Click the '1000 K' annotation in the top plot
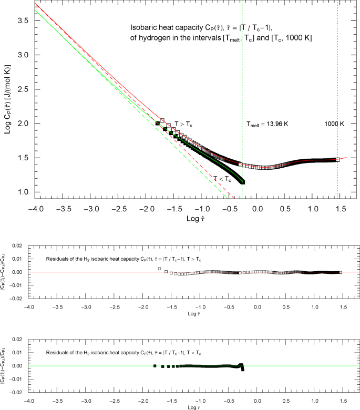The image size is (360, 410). [333, 124]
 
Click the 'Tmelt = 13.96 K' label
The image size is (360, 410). [268, 125]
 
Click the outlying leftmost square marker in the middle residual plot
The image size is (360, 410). [159, 269]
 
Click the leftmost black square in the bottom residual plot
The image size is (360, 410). [155, 365]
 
